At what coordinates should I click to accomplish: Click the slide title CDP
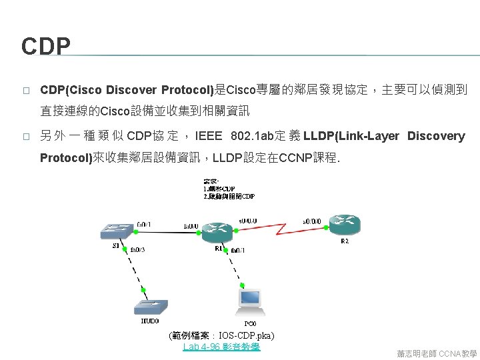(45, 47)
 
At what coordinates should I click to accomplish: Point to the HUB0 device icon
(151, 307)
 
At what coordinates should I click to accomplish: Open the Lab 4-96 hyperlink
(221, 347)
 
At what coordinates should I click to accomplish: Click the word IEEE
(209, 136)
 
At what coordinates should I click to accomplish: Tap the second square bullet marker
(25, 137)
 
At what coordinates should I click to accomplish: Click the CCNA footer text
(458, 353)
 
